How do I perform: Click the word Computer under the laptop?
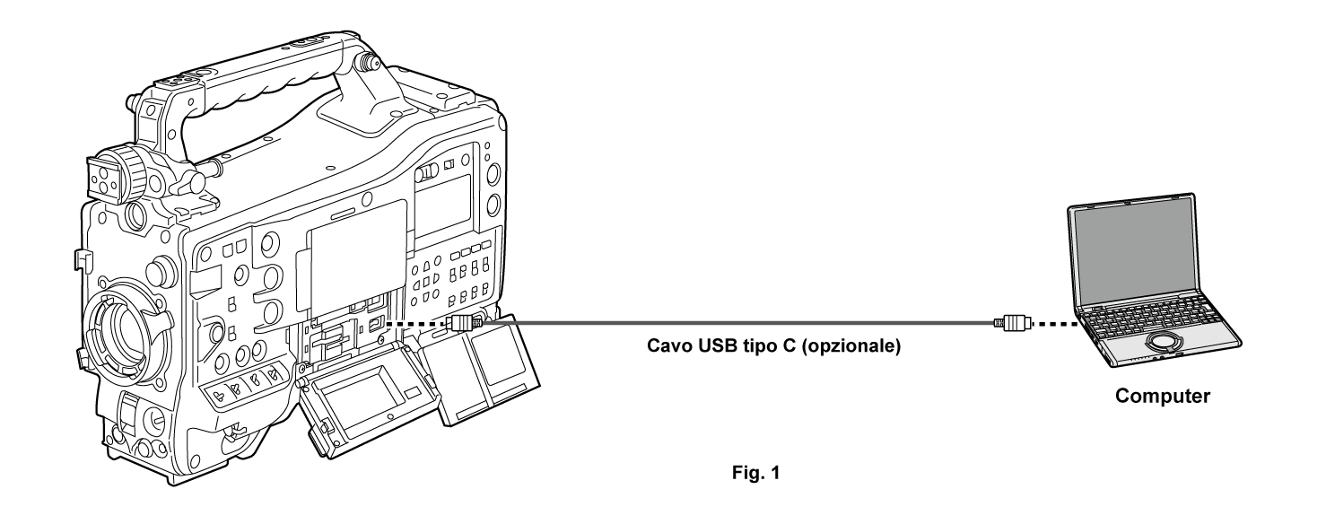pyautogui.click(x=1162, y=396)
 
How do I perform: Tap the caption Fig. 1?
pyautogui.click(x=756, y=473)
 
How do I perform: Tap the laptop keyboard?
pyautogui.click(x=1153, y=314)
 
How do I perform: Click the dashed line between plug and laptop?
pyautogui.click(x=1055, y=324)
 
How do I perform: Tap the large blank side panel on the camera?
pyautogui.click(x=359, y=258)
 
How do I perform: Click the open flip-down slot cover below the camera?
pyautogui.click(x=366, y=393)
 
